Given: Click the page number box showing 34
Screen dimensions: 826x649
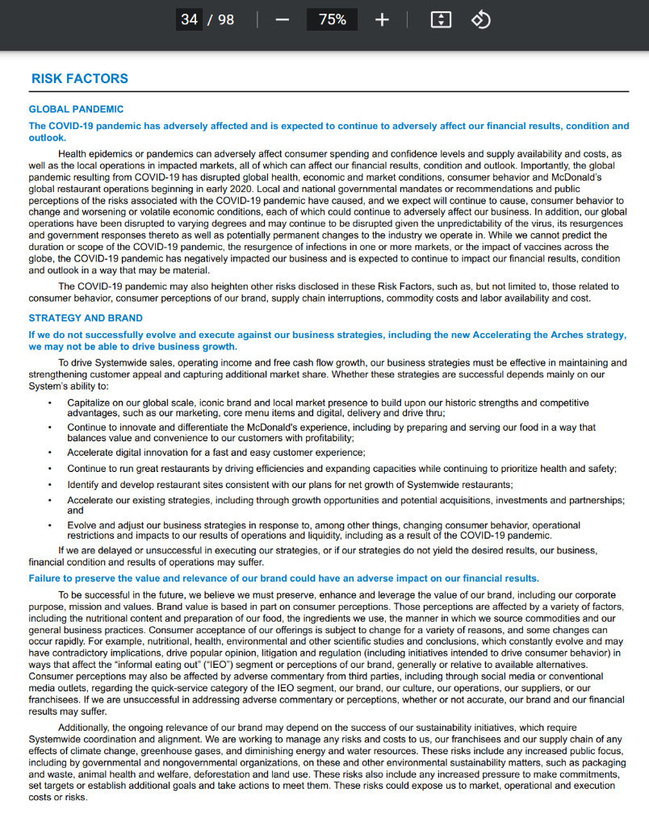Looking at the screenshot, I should (x=190, y=19).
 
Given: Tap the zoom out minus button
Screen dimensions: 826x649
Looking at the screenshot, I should (x=282, y=19).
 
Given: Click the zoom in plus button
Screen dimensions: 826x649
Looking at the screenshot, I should (x=382, y=19).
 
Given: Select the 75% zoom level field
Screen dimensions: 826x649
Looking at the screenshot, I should (x=332, y=19).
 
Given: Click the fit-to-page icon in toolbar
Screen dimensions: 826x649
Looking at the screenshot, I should (x=441, y=19).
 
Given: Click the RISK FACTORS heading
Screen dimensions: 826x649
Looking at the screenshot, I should (x=79, y=79).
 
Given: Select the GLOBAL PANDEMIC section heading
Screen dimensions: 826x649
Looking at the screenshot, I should (x=76, y=109).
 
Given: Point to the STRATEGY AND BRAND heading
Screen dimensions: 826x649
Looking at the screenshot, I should (x=86, y=318).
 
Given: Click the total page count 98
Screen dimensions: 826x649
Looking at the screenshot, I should (x=225, y=19).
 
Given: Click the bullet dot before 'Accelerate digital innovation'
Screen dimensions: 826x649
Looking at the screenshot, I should (x=50, y=453).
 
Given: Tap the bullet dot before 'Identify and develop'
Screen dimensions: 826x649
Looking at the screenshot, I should (x=50, y=485).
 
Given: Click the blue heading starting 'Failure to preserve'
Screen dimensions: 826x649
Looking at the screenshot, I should (x=283, y=578).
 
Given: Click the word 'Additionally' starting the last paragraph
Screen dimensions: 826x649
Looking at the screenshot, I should (x=86, y=728).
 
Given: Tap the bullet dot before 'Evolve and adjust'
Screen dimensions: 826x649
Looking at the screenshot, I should (x=50, y=526).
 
